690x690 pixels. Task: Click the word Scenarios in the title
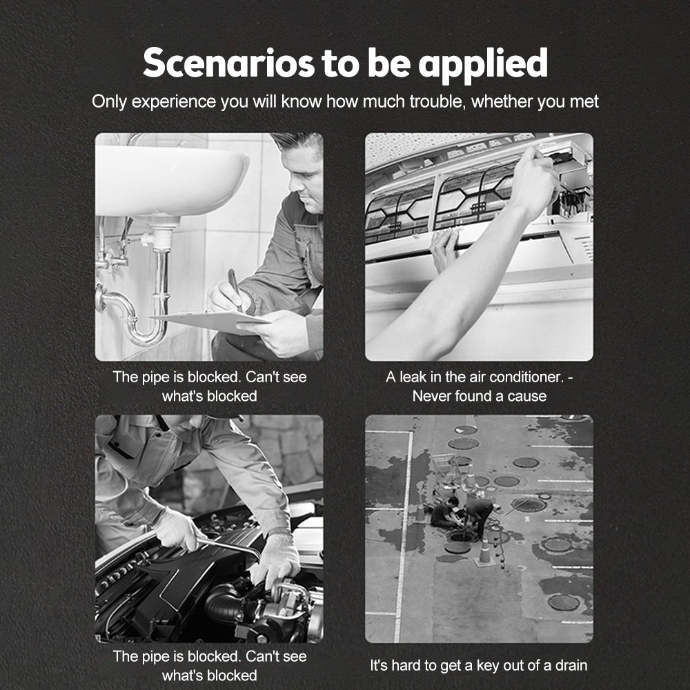pyautogui.click(x=229, y=63)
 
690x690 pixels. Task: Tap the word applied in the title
pyautogui.click(x=483, y=65)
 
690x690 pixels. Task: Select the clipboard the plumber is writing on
pyautogui.click(x=211, y=322)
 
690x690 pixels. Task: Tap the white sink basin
pyautogui.click(x=172, y=180)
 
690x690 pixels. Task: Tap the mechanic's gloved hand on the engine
pyautogui.click(x=277, y=559)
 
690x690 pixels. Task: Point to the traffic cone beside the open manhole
pyautogui.click(x=484, y=553)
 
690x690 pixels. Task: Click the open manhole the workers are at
pyautogui.click(x=461, y=536)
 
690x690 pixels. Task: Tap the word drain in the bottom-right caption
pyautogui.click(x=571, y=665)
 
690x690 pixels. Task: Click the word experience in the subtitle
pyautogui.click(x=173, y=102)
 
